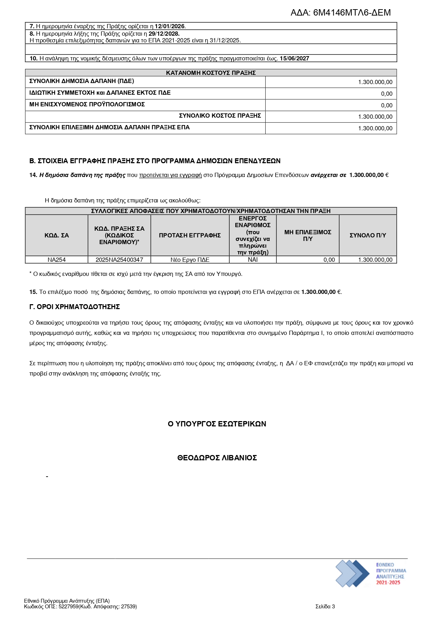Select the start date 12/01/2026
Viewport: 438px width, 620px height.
170,26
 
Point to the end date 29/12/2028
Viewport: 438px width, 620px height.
164,34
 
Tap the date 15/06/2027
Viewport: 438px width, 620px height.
294,58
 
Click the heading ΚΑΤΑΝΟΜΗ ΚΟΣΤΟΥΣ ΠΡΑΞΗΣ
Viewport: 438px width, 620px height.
211,73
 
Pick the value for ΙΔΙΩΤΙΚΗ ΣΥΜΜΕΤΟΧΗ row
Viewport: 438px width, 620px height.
386,94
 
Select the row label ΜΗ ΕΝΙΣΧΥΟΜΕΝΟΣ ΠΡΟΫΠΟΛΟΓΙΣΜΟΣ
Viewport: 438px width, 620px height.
87,104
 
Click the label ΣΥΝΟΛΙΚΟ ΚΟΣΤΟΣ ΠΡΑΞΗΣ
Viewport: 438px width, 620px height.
220,116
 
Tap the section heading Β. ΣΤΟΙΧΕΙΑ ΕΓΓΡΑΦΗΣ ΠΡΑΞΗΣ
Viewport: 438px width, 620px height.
155,161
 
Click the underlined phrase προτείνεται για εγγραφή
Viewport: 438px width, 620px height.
170,175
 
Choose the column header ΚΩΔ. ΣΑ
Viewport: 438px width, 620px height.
57,235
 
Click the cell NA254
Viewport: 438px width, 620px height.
57,260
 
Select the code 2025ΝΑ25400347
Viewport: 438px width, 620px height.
119,260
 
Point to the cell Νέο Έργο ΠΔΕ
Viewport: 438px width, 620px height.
190,260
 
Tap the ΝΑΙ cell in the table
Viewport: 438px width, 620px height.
253,260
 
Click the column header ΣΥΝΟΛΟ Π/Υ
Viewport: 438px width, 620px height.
368,235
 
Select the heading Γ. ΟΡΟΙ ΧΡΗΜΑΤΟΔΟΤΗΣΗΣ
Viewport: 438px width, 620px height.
75,307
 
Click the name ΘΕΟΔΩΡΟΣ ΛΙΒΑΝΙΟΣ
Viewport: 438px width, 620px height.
217,458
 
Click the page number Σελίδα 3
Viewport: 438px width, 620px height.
325,607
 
